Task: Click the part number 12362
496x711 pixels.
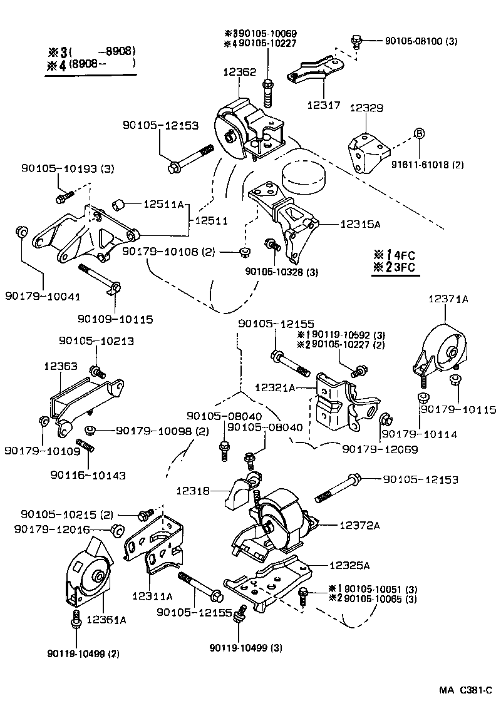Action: tap(239, 72)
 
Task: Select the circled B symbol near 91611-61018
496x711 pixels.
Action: tap(419, 133)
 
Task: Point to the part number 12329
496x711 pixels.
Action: tap(366, 108)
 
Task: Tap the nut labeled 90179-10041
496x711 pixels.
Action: tap(20, 233)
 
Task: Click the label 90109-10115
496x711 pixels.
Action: tap(115, 319)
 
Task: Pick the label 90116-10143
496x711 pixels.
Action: tap(88, 475)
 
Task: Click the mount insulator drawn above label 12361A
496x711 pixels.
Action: tap(88, 573)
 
